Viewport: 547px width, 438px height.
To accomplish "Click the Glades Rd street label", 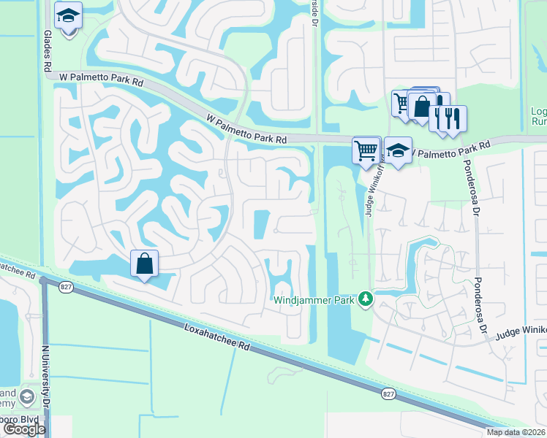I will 48,50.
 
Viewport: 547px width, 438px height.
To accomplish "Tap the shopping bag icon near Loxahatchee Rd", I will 145,263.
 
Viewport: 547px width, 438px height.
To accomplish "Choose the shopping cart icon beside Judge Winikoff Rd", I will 366,150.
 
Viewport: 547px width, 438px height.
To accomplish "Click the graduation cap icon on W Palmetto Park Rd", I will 397,151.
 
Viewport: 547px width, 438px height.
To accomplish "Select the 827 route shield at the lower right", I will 388,394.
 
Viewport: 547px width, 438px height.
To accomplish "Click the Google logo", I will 23,429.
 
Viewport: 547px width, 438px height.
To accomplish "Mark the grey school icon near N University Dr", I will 28,398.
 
